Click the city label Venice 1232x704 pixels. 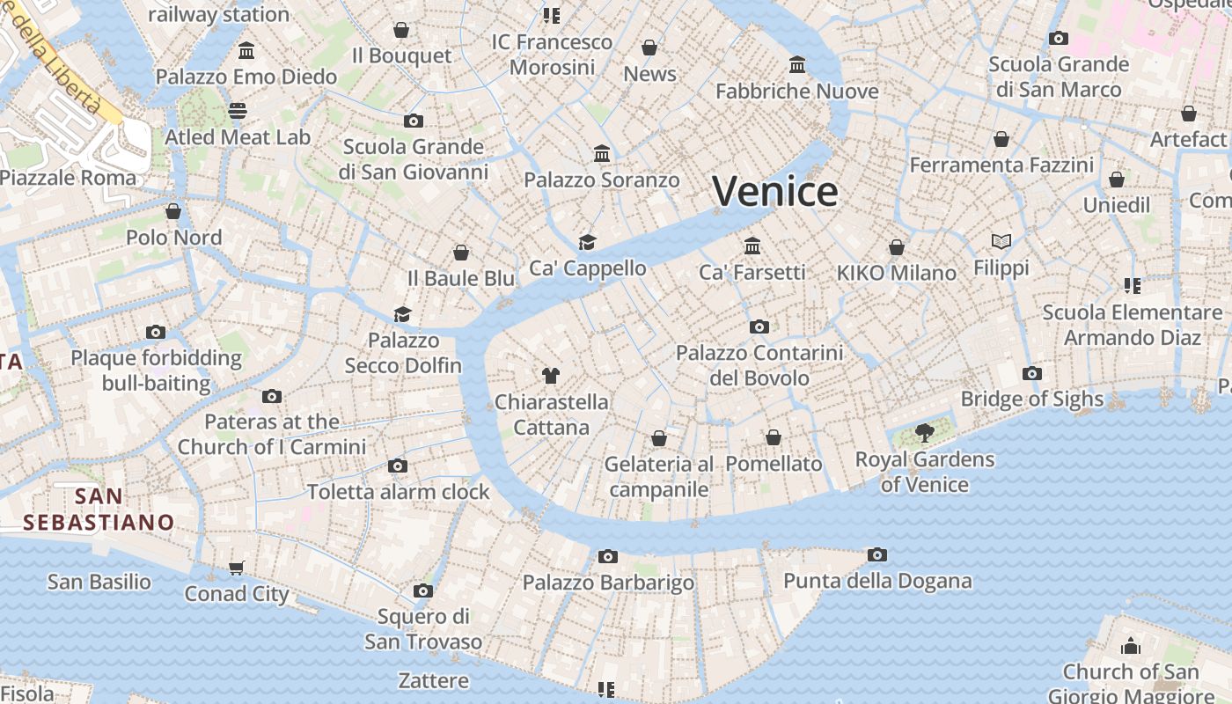[x=774, y=191]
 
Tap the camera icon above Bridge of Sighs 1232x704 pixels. [x=1032, y=373]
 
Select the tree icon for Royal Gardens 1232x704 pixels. [x=924, y=432]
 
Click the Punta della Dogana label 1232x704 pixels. [x=877, y=581]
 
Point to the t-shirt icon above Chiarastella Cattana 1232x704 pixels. [x=551, y=376]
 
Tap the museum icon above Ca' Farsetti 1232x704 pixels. [x=752, y=246]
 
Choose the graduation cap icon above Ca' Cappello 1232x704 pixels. [x=587, y=242]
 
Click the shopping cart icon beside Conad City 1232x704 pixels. [x=236, y=568]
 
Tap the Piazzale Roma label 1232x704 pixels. [x=69, y=177]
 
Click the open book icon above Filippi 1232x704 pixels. [x=1001, y=241]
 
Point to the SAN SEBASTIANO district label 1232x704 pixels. [x=99, y=510]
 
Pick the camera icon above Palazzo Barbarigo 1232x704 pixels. [x=607, y=556]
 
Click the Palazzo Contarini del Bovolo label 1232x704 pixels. [x=759, y=365]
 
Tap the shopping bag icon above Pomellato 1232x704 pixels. [x=774, y=437]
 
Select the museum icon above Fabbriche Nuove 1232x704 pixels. [x=797, y=64]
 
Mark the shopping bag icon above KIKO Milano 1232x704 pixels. [x=897, y=247]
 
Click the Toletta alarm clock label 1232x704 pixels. [x=398, y=492]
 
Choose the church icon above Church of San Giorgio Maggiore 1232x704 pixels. [x=1131, y=647]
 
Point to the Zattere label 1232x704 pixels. [x=434, y=680]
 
